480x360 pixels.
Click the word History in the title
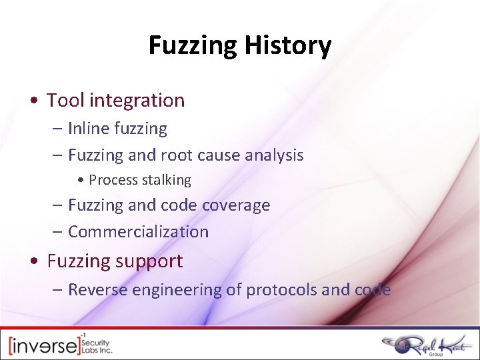tap(288, 45)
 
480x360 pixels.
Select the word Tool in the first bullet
tap(65, 100)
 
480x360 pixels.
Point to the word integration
tap(137, 100)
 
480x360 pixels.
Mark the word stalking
tap(166, 180)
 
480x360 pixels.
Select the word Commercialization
tap(138, 232)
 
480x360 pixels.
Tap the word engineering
tap(175, 290)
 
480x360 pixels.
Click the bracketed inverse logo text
tap(44, 345)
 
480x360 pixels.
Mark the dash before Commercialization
tap(57, 232)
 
